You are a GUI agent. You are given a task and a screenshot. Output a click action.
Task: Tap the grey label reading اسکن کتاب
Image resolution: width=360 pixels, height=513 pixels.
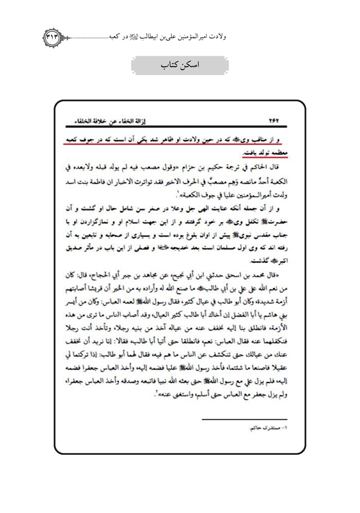(x=181, y=67)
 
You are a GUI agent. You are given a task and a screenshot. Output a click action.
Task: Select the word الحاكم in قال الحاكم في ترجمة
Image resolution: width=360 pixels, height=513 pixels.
(x=263, y=168)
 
